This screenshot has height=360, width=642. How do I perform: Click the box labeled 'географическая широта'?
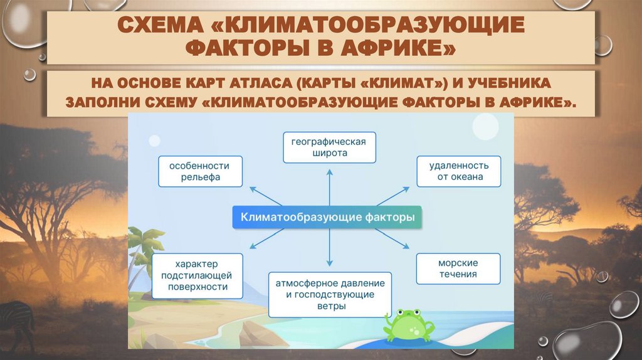(328, 147)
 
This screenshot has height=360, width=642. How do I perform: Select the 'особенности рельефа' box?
(199, 172)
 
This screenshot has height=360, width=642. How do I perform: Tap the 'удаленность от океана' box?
(459, 172)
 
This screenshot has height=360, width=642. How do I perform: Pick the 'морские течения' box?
(458, 268)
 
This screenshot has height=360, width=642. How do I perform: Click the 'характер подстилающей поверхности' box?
(196, 275)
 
